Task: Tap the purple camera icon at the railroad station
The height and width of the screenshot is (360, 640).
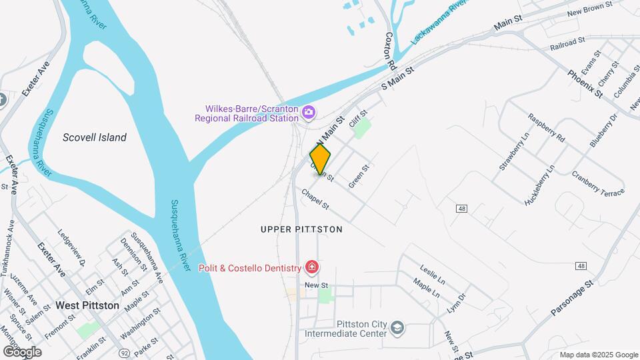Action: coord(308,112)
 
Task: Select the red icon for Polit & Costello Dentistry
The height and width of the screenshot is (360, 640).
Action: coord(311,268)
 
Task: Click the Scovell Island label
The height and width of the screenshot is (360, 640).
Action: coord(94,137)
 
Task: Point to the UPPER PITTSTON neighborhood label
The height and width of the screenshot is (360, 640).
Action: coord(301,229)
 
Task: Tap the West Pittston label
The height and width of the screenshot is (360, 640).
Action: coord(87,305)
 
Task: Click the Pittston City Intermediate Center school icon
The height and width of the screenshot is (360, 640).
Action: coord(397,328)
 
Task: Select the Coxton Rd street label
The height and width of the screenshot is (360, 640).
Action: coord(391,51)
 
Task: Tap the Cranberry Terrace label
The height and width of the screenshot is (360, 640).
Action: coord(597,183)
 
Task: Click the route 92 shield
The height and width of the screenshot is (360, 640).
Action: coord(123,352)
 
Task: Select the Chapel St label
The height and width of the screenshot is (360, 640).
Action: coord(315,199)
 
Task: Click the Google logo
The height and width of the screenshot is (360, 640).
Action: coord(22,351)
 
